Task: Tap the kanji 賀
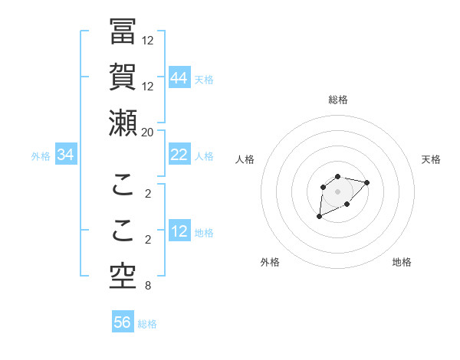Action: coord(123,77)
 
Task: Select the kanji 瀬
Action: coord(123,123)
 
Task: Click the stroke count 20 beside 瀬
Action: coord(147,132)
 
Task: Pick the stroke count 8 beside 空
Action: coord(147,286)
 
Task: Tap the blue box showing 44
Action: coord(179,77)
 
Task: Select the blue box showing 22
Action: coord(179,155)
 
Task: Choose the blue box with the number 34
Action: coord(66,155)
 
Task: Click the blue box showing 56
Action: coord(123,322)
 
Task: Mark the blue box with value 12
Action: coord(179,232)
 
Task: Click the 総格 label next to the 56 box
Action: coord(147,324)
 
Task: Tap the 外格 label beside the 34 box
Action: coord(41,156)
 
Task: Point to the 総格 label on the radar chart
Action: coord(337,100)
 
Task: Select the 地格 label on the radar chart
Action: coord(402,262)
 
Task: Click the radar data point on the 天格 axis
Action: coord(367,182)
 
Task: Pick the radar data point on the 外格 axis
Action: coord(320,217)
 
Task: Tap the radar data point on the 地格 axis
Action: coord(347,204)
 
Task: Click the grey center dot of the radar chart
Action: coord(337,191)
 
